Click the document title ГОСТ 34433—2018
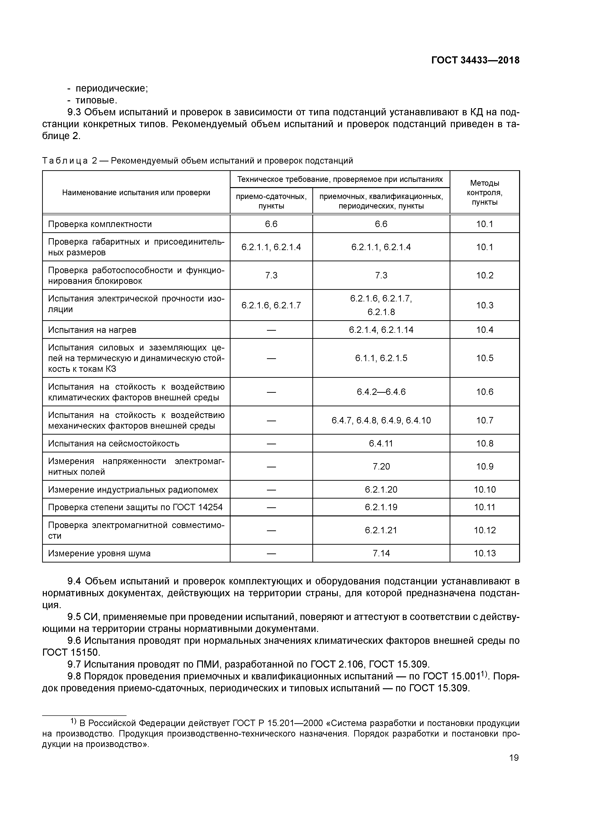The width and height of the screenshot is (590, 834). [475, 60]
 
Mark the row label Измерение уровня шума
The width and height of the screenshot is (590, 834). [99, 553]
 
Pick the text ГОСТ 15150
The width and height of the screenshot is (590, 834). [71, 653]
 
